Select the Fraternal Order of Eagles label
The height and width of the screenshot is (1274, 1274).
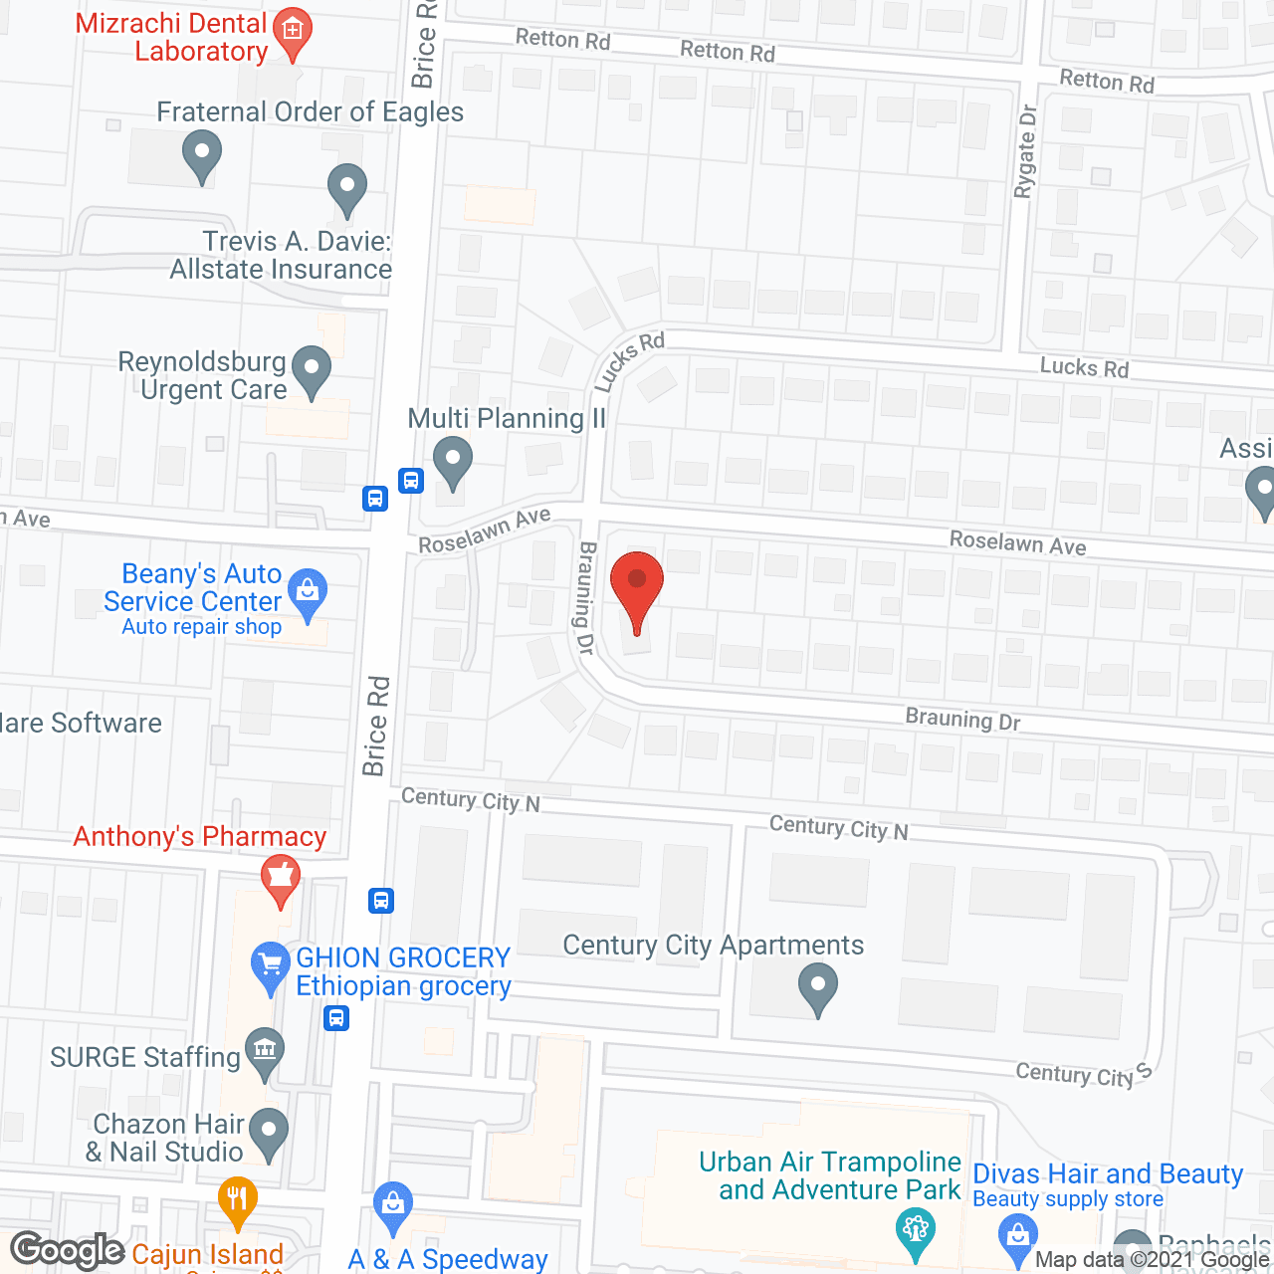(x=310, y=112)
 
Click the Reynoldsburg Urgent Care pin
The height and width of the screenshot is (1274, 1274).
(x=312, y=370)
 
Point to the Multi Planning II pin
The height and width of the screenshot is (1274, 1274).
(x=453, y=462)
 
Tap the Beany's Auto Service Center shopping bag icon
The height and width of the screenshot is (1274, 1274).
(x=308, y=593)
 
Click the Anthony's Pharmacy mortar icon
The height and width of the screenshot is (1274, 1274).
(x=280, y=879)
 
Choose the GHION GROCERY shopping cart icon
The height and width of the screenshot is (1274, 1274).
(x=270, y=965)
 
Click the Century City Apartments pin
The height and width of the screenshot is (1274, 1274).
(x=818, y=988)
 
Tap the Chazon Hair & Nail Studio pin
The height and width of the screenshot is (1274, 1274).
(x=268, y=1133)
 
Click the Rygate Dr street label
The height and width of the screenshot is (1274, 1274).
(x=1025, y=151)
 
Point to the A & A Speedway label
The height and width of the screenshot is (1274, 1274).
(x=448, y=1259)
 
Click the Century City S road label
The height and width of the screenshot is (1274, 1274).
(x=1083, y=1074)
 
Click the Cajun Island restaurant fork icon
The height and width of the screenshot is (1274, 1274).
(x=237, y=1198)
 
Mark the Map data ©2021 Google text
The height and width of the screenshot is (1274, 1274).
(x=1153, y=1260)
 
